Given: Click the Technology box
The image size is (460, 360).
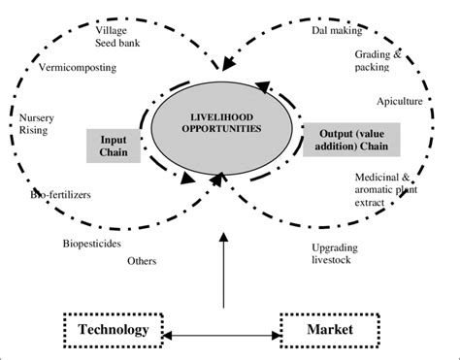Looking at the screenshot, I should click(115, 330).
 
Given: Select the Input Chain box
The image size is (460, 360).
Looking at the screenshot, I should click(114, 144).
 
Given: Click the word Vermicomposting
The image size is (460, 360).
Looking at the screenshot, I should click(79, 69).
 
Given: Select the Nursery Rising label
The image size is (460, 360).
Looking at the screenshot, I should click(36, 128).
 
